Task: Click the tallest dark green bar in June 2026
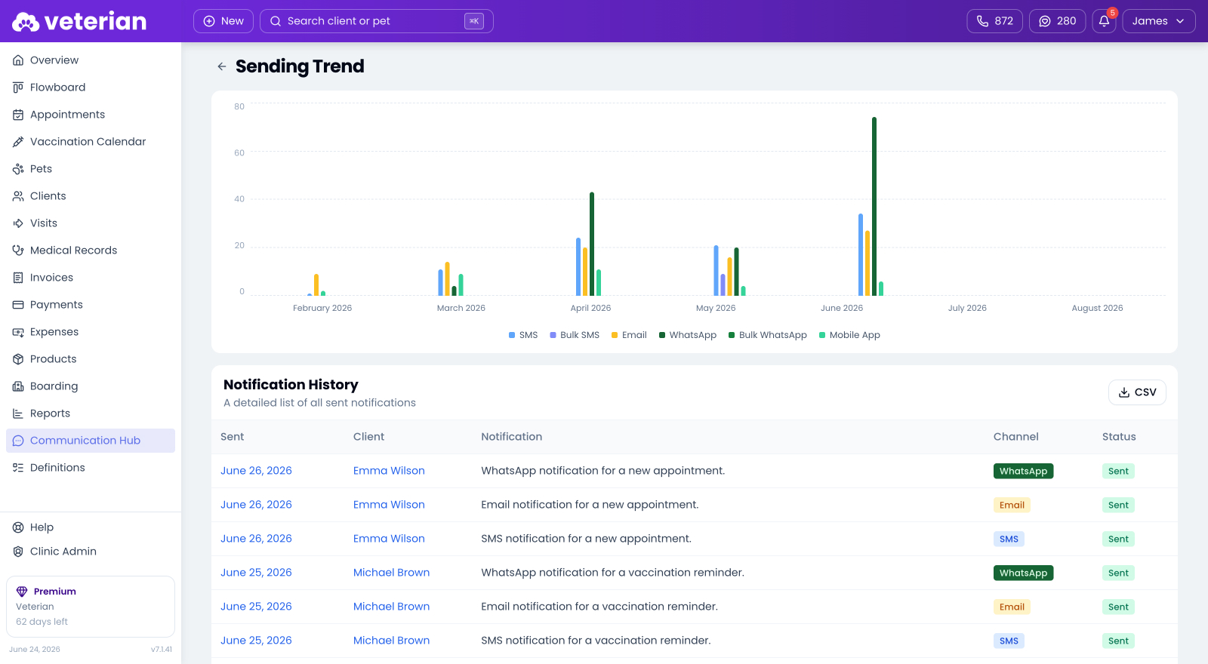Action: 874,207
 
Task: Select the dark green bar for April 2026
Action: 592,244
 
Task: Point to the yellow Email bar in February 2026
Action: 316,284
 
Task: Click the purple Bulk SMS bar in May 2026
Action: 723,284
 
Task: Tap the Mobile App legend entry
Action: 849,335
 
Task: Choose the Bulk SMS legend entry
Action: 575,335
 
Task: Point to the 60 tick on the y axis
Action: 239,152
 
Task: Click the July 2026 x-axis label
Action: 967,308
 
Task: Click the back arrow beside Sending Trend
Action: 222,66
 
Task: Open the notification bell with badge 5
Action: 1104,21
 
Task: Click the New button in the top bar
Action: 223,21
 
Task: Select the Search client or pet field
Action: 377,21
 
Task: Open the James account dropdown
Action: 1158,21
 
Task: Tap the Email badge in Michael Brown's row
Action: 1012,607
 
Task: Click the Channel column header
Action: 1016,437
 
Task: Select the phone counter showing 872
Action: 994,21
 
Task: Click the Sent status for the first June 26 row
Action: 1118,471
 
